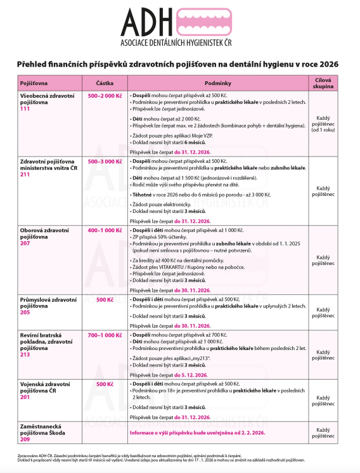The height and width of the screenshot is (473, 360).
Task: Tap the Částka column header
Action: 105,83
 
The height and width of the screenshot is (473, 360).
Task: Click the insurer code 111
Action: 26,109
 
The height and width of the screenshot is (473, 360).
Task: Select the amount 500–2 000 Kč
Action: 105,95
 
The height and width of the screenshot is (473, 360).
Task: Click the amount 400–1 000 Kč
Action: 105,230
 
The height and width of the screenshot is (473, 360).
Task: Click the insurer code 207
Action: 26,243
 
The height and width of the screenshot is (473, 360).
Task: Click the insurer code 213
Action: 26,355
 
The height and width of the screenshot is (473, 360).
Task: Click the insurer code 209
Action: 26,439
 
